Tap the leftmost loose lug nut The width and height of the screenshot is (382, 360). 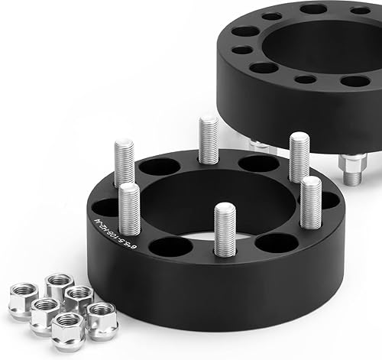pos(24,291)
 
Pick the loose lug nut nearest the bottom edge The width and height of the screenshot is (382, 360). pos(67,331)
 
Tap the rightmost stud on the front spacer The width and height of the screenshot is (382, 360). pos(310,202)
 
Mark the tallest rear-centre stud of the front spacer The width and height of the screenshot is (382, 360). pos(209,139)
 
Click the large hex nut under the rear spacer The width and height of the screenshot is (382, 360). pos(354,163)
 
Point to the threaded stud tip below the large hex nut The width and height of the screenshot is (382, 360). pos(352,178)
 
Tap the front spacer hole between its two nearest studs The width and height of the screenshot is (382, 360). pos(170,246)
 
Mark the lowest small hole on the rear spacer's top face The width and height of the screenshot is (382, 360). pos(305,79)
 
